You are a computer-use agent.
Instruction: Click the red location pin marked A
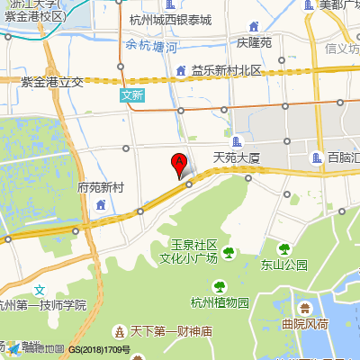[x=179, y=165]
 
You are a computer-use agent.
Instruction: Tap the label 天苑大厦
[x=236, y=157]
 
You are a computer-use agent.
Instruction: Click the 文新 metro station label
[x=131, y=94]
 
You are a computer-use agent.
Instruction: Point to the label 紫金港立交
[x=51, y=81]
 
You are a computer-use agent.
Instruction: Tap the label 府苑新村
[x=101, y=188]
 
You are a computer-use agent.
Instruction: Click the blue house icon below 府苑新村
[x=100, y=206]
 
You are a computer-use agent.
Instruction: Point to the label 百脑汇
[x=344, y=157]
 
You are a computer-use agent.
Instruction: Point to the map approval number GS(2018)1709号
[x=100, y=349]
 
